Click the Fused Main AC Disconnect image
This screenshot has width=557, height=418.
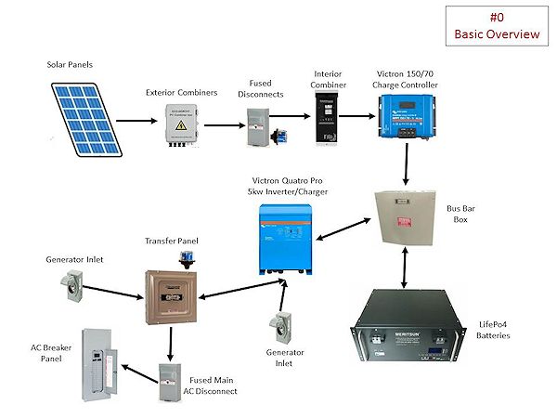point(170,381)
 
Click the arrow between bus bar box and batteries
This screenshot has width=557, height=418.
point(407,270)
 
